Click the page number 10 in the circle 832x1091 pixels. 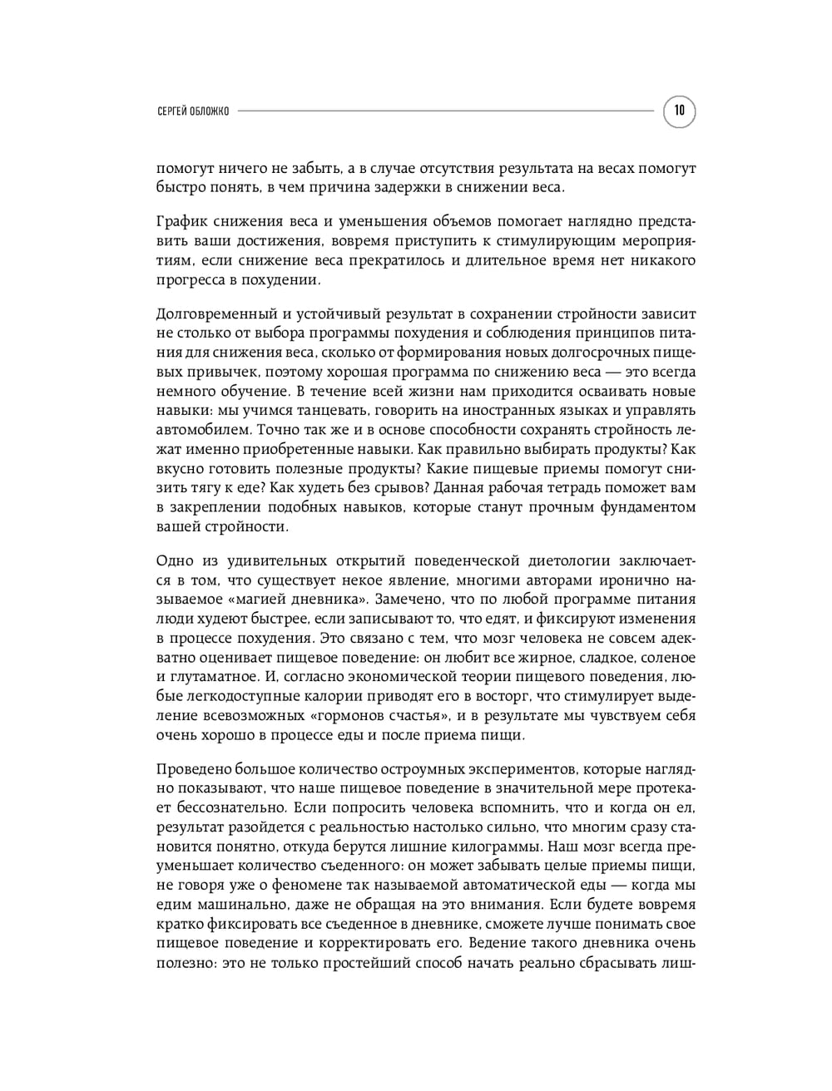[x=679, y=111]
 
